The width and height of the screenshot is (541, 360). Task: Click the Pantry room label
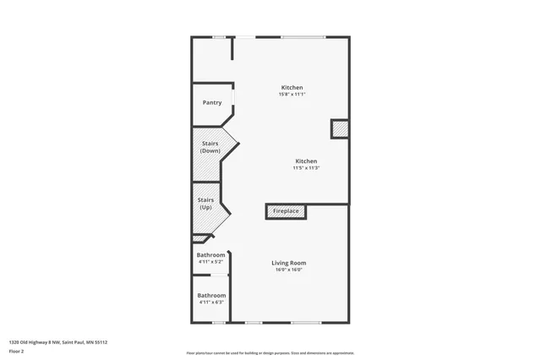(212, 103)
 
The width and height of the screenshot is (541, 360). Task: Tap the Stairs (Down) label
(210, 147)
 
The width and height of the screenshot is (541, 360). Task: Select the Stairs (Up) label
(205, 204)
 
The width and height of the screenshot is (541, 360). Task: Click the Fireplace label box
(286, 211)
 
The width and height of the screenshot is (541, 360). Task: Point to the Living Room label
(288, 263)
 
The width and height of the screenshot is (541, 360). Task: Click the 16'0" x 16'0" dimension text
(288, 270)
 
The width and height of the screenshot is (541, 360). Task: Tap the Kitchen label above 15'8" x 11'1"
(292, 88)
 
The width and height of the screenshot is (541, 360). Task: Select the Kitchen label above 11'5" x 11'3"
(306, 161)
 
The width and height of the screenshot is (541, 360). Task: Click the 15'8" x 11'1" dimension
(292, 94)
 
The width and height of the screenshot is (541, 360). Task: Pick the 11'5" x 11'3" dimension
(306, 168)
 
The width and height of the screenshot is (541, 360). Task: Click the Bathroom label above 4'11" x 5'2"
(211, 255)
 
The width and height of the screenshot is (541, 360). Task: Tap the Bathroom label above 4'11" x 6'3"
(211, 296)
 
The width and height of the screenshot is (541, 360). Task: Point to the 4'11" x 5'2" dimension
(211, 262)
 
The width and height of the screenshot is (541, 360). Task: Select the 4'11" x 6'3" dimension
(211, 302)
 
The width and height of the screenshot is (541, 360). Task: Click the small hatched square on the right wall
(339, 128)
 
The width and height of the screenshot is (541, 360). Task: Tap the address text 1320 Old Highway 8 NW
(35, 342)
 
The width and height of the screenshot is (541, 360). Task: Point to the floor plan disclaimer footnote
(270, 353)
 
